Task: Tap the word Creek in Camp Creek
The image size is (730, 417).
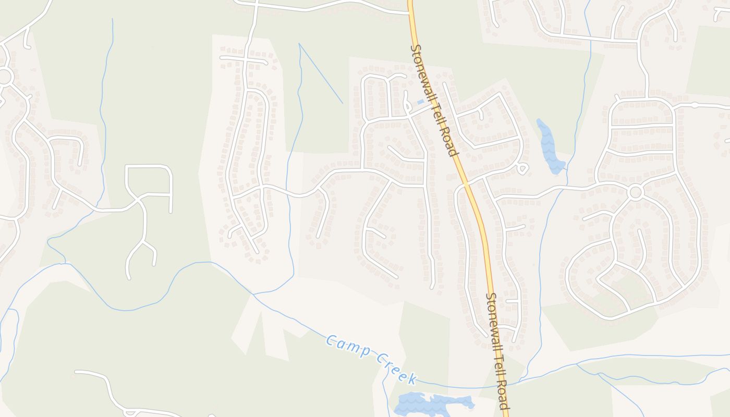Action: coord(396,367)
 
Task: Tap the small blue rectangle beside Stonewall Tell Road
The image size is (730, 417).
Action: coord(420,102)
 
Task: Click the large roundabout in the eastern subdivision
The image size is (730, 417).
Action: coord(635,192)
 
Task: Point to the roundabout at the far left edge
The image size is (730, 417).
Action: coord(5,77)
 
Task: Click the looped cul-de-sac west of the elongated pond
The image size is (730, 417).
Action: coord(522,168)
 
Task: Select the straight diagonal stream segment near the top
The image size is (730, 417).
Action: coord(321,73)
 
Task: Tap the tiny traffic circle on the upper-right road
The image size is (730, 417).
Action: coord(695,105)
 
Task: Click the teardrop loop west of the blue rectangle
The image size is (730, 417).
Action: coord(406,102)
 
